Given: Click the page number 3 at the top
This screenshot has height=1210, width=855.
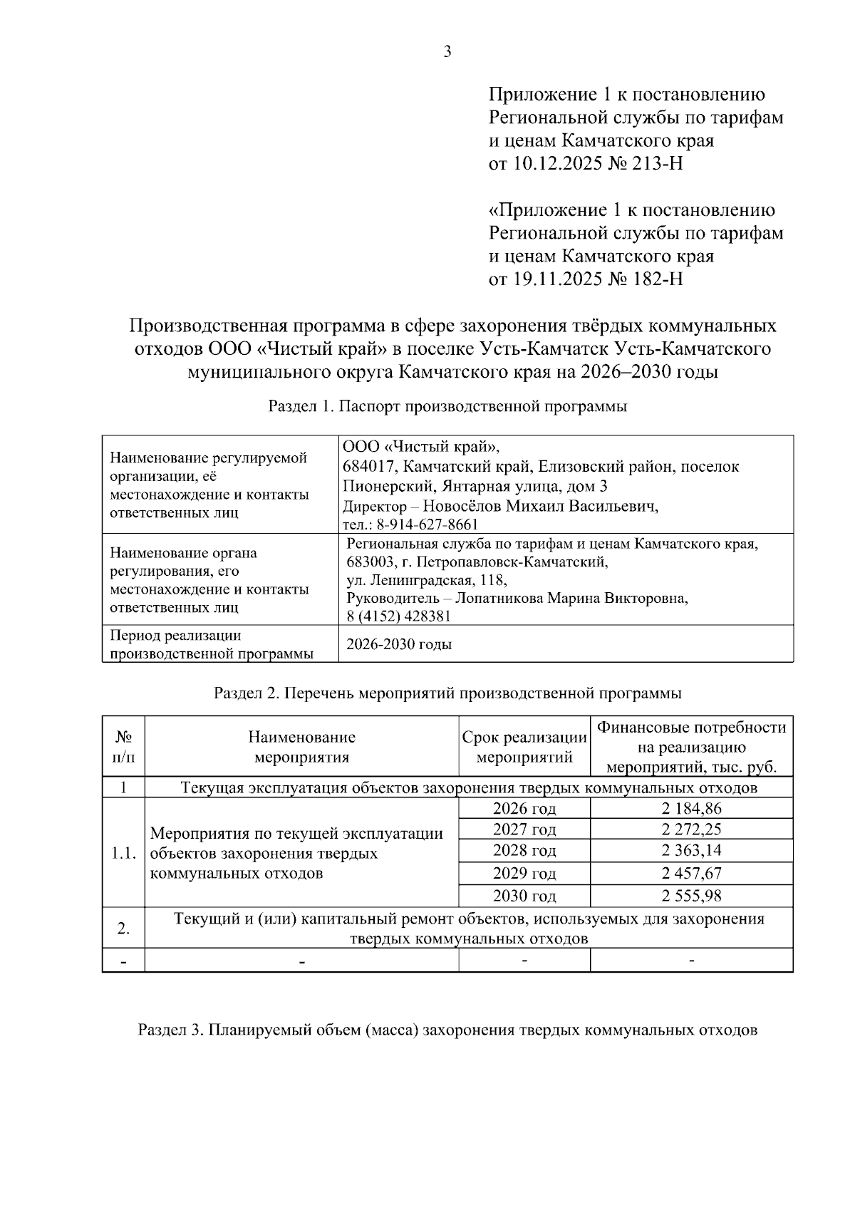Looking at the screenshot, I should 447,51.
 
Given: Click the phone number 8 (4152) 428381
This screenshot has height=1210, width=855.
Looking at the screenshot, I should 398,616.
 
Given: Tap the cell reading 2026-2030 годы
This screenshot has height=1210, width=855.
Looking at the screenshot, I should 399,645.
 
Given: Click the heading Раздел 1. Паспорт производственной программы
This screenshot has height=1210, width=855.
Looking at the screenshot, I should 447,408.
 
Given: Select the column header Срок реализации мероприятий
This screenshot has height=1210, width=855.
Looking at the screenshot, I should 524,747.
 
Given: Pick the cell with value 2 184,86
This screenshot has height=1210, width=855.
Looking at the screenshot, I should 691,809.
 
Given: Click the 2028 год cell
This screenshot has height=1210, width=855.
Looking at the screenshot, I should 524,851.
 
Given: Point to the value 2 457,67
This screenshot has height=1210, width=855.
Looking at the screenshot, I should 691,874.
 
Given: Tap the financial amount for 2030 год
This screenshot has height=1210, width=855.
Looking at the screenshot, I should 691,896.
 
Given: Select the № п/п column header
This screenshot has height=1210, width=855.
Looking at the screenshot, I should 123,747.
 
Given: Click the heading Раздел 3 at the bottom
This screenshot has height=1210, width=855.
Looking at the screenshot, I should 447,1030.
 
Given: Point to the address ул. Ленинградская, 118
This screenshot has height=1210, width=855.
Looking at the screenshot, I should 426,580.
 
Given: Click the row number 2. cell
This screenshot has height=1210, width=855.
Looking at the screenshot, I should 123,929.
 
